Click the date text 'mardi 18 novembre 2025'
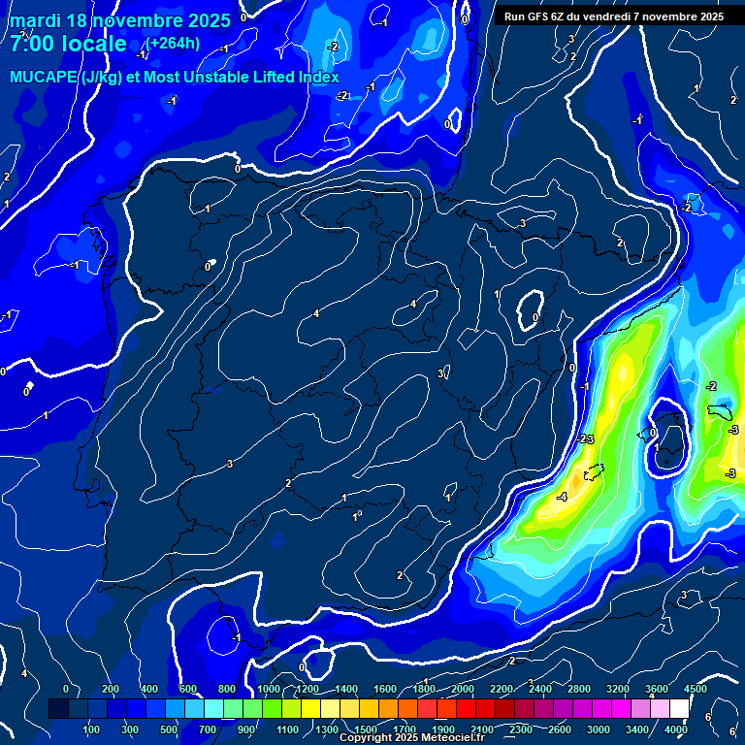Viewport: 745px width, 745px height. pyautogui.click(x=120, y=20)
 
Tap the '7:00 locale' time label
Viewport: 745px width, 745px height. pyautogui.click(x=68, y=44)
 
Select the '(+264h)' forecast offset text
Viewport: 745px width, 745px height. pyautogui.click(x=174, y=43)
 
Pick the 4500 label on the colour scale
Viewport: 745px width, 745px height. pyautogui.click(x=696, y=689)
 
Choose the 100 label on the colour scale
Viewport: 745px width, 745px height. pyautogui.click(x=91, y=729)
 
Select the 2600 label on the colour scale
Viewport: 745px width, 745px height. pyautogui.click(x=560, y=729)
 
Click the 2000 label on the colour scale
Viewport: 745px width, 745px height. pyautogui.click(x=463, y=689)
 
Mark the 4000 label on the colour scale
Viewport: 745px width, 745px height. pyautogui.click(x=677, y=729)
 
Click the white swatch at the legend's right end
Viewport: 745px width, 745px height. pyautogui.click(x=679, y=709)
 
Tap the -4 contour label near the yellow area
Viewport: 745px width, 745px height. pyautogui.click(x=562, y=497)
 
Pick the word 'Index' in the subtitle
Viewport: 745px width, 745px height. pyautogui.click(x=318, y=78)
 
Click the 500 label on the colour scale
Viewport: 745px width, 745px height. pyautogui.click(x=169, y=729)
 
